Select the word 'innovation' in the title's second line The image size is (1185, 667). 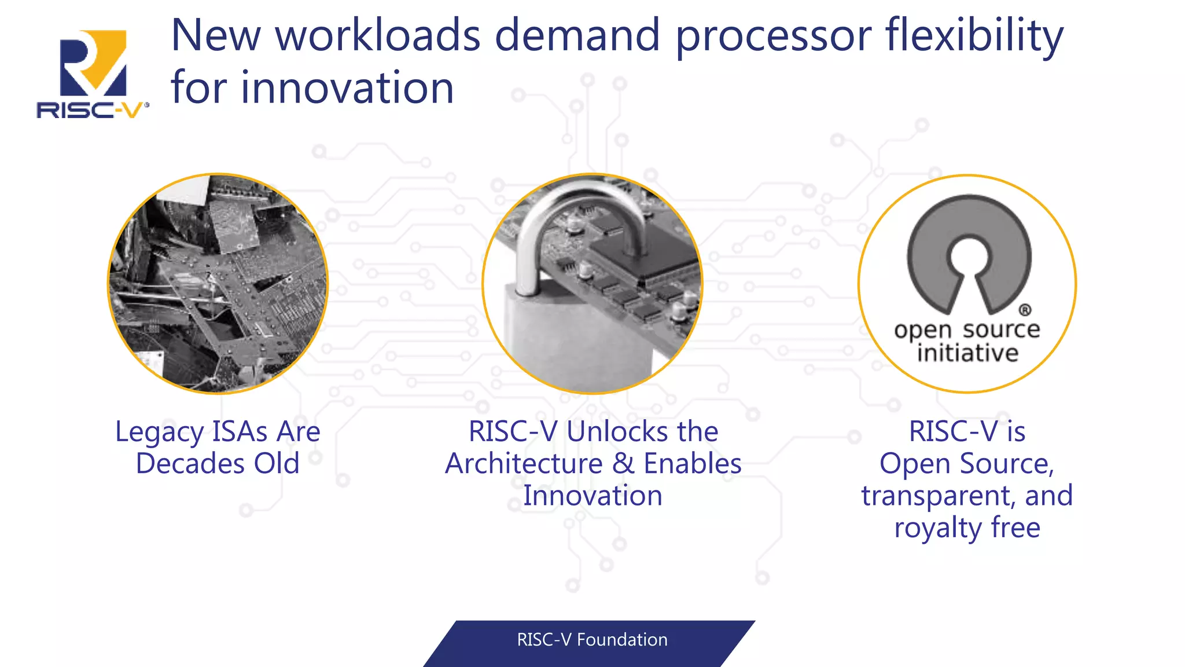click(x=347, y=88)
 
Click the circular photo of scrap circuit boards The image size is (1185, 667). click(x=218, y=284)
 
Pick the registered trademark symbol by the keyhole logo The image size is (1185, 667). click(x=1024, y=310)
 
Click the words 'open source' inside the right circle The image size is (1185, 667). click(x=967, y=330)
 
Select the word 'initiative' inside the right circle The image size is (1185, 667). click(x=967, y=353)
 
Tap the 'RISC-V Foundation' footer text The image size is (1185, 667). click(x=592, y=640)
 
